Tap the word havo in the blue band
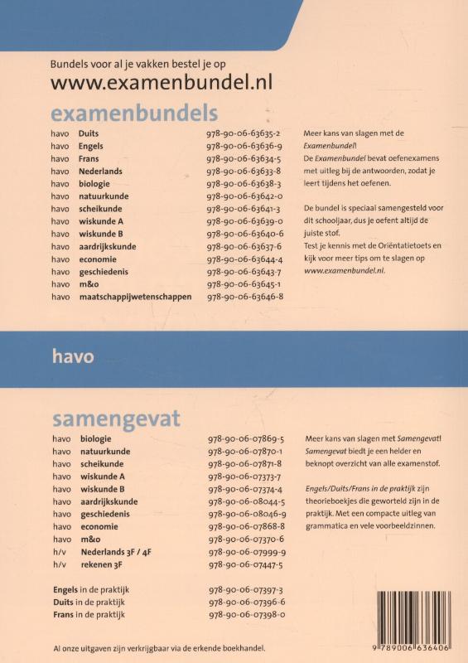tap(73, 357)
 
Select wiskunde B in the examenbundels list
tap(102, 234)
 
